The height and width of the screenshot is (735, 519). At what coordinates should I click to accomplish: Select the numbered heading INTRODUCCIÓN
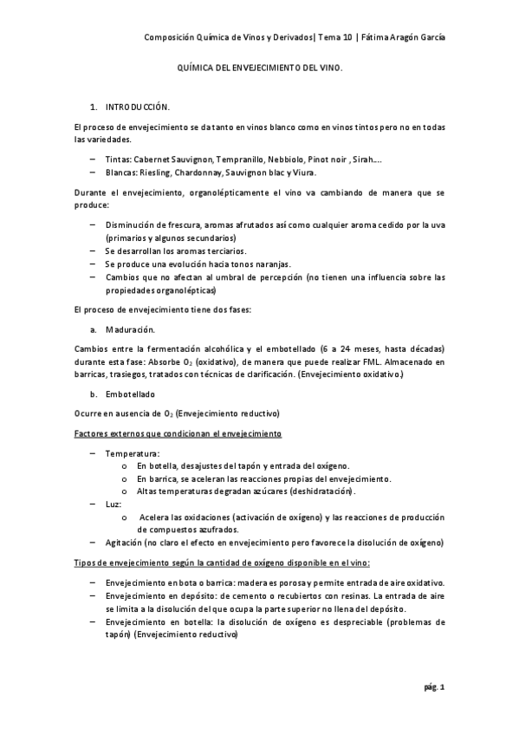click(138, 106)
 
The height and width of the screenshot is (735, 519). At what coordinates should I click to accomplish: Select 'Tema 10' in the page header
click(329, 37)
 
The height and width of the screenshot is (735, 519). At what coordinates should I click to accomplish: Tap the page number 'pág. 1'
click(434, 687)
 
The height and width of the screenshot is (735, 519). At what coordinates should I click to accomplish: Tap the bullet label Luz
click(113, 504)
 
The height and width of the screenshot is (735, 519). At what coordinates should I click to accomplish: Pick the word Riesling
click(158, 172)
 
